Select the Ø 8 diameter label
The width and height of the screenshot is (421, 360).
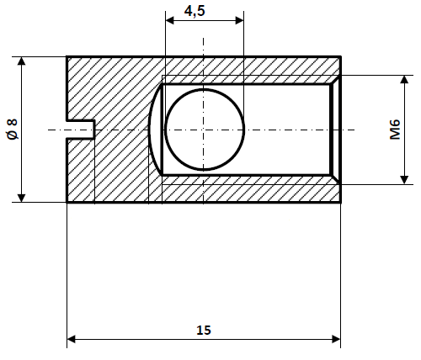pos(12,130)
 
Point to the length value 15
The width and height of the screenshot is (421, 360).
pos(203,331)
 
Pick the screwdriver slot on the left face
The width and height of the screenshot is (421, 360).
pos(81,130)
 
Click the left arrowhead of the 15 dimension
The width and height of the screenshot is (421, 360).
pos(72,340)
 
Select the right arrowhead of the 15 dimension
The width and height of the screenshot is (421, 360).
pos(335,340)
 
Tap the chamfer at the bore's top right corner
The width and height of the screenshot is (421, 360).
pos(335,80)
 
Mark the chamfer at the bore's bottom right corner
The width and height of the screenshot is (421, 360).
pos(335,179)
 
